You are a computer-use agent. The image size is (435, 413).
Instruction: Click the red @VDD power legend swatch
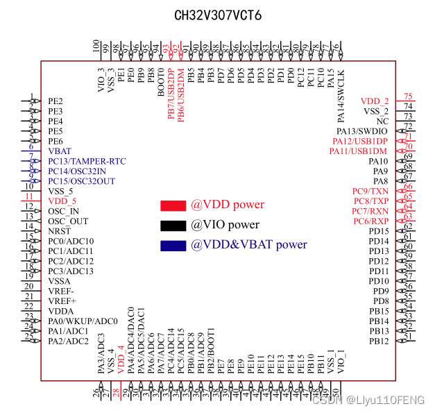pyautogui.click(x=173, y=205)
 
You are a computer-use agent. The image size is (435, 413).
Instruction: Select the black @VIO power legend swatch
pyautogui.click(x=173, y=225)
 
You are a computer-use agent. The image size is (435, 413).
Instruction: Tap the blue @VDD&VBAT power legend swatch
pyautogui.click(x=173, y=245)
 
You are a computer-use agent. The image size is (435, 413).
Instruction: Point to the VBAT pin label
pyautogui.click(x=60, y=151)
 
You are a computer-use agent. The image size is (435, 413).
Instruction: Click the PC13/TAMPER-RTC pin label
pyautogui.click(x=87, y=161)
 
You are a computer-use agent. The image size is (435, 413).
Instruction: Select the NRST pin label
pyautogui.click(x=60, y=231)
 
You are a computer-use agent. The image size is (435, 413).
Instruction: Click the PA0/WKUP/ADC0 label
pyautogui.click(x=83, y=321)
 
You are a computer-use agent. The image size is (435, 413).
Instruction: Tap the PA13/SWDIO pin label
pyautogui.click(x=362, y=131)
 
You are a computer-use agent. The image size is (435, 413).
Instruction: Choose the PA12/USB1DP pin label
pyautogui.click(x=360, y=141)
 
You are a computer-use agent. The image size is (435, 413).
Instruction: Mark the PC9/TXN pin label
pyautogui.click(x=370, y=191)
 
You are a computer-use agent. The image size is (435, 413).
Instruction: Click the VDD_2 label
pyautogui.click(x=375, y=101)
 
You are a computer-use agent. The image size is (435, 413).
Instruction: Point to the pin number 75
pyautogui.click(x=409, y=96)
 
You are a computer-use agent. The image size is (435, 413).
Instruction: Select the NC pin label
pyautogui.click(x=382, y=121)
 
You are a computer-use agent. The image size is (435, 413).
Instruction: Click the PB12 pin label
pyautogui.click(x=379, y=341)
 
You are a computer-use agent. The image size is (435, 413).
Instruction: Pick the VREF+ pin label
pyautogui.click(x=62, y=301)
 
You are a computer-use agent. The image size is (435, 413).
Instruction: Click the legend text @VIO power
pyautogui.click(x=225, y=225)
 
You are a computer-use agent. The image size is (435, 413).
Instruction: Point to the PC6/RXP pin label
pyautogui.click(x=370, y=221)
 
